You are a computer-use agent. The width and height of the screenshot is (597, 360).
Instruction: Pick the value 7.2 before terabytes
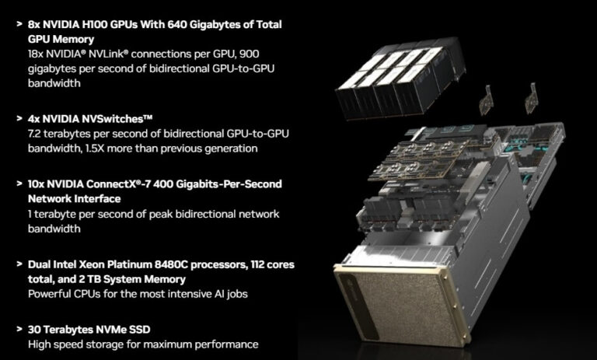37,134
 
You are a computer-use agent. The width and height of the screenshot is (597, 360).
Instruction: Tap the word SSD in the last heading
152,329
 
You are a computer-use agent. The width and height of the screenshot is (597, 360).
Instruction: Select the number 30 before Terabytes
35,329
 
